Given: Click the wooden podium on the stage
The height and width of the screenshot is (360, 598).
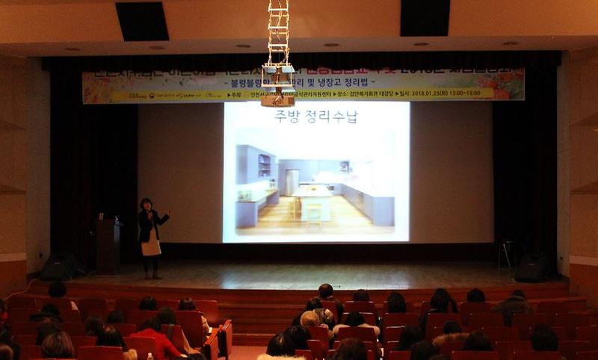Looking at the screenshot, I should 108,245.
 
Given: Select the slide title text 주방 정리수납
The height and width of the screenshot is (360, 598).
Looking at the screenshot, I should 315,117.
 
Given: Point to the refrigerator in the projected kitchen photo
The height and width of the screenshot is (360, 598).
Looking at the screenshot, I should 291,182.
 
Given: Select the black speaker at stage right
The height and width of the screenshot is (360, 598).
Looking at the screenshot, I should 531,268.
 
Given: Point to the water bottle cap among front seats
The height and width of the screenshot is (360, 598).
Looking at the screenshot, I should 149,356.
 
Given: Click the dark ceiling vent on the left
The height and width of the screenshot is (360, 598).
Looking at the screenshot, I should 142,20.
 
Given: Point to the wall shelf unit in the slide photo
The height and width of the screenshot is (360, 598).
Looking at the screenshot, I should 264,165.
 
